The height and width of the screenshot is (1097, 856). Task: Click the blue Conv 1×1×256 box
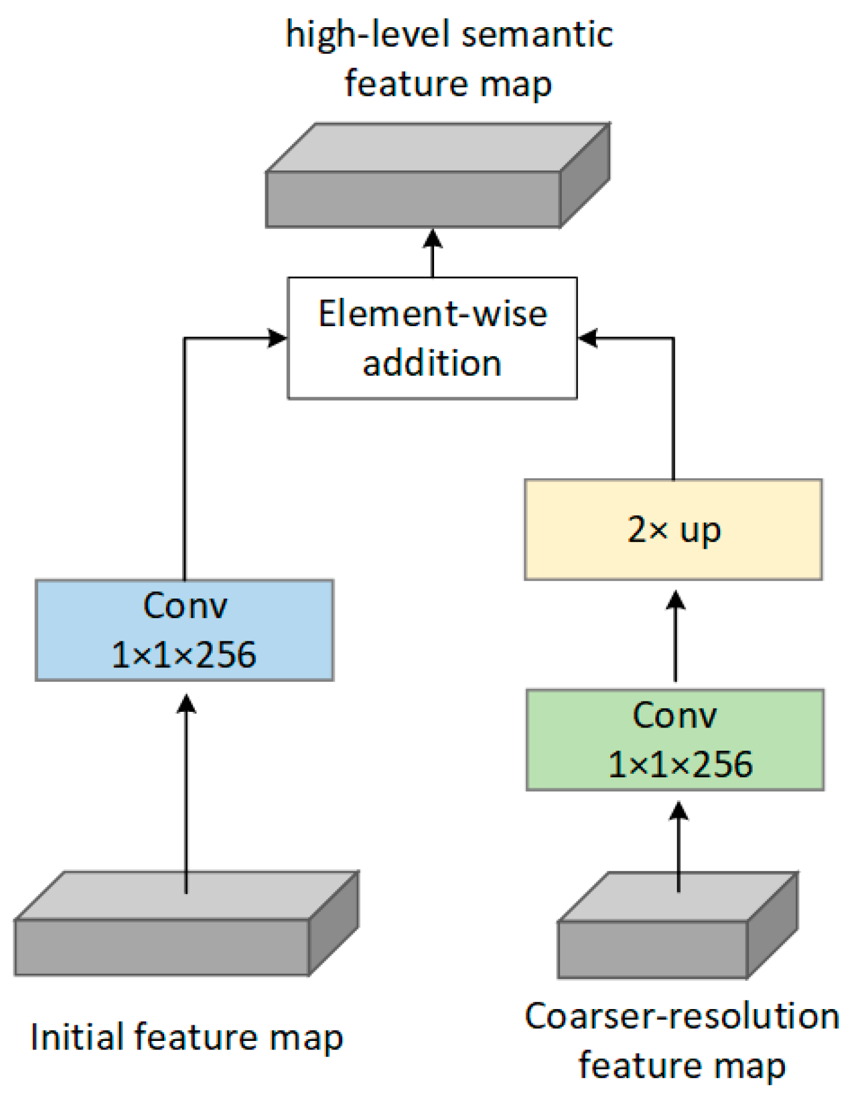(x=184, y=630)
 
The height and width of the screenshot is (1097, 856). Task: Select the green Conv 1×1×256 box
(x=675, y=740)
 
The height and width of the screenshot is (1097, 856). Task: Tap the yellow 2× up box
(x=673, y=530)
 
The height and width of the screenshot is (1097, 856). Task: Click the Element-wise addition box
(x=432, y=338)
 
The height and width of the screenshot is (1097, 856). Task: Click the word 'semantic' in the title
(x=537, y=35)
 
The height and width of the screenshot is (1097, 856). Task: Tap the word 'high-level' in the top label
(x=368, y=35)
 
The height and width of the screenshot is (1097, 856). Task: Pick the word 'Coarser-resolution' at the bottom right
(x=681, y=1016)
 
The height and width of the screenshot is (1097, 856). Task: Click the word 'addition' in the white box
(x=432, y=364)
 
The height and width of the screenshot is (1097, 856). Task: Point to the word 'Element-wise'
(x=432, y=314)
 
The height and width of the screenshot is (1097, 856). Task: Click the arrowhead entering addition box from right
(x=588, y=338)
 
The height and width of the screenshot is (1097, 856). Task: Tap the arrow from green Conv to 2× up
(x=675, y=636)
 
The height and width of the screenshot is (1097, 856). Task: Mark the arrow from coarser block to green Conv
(x=679, y=847)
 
